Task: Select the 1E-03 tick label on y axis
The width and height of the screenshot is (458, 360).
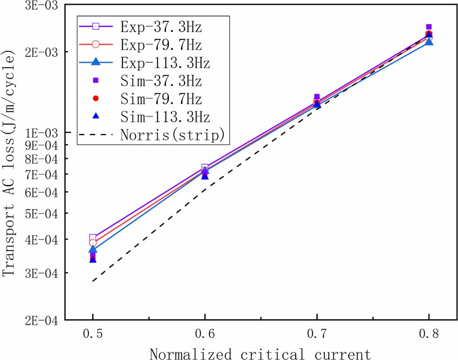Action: [x=44, y=133]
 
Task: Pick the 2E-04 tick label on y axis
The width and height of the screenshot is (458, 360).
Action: [x=44, y=320]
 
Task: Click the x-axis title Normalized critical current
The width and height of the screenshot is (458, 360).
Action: [x=260, y=354]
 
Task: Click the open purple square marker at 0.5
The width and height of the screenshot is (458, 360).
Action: [x=92, y=238]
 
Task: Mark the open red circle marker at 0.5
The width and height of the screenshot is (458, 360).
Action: [x=92, y=243]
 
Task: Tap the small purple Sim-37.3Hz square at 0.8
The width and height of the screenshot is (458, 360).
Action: [x=429, y=27]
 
